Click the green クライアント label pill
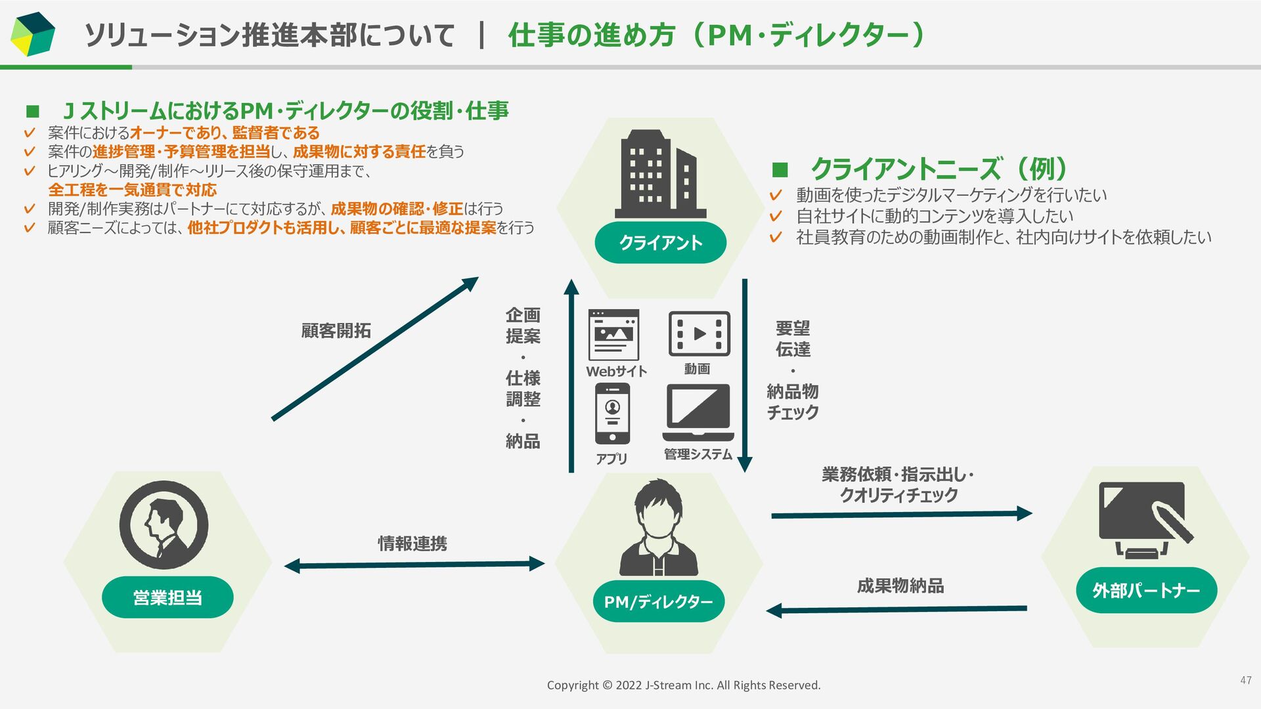[660, 243]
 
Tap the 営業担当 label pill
[167, 597]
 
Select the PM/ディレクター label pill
[658, 601]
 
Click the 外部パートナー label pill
[1146, 590]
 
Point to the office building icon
[659, 175]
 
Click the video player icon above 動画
[699, 333]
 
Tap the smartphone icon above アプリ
[612, 414]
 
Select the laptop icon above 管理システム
[698, 412]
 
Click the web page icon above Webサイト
[613, 334]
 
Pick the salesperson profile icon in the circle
[164, 525]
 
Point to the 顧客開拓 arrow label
[336, 330]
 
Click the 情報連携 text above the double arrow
[412, 544]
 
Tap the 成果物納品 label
[900, 586]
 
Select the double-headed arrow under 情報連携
[414, 565]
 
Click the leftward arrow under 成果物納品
[896, 610]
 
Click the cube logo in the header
[33, 34]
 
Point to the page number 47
[1246, 681]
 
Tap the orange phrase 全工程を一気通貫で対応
[132, 190]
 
